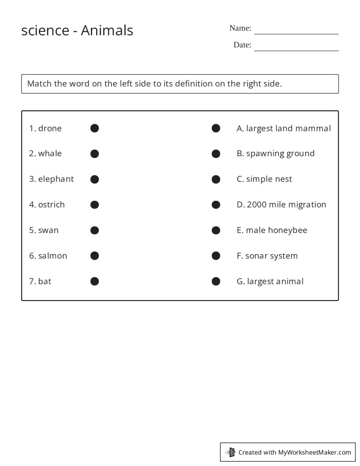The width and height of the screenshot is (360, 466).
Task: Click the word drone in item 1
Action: [x=50, y=128]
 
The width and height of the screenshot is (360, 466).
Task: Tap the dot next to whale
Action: [x=94, y=154]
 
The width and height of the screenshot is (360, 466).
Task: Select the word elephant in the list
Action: [x=56, y=179]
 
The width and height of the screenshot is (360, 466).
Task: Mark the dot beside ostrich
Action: [x=94, y=205]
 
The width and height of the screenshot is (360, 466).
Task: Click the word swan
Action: [x=49, y=230]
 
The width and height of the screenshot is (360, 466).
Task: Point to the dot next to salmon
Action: [x=94, y=256]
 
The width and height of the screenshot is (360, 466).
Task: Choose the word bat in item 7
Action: [x=45, y=282]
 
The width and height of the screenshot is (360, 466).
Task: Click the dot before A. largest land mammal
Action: [x=216, y=128]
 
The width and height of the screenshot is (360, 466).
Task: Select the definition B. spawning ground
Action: [x=276, y=154]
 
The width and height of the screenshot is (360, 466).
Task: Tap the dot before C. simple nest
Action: [x=216, y=179]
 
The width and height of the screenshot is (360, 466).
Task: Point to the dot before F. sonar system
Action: [x=216, y=256]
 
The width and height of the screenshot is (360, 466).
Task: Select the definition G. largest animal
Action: [x=270, y=282]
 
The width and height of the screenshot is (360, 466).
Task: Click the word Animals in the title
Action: [x=107, y=30]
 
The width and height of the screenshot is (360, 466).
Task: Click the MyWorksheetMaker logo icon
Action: [x=231, y=452]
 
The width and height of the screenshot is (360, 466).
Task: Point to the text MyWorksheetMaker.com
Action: [x=315, y=452]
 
